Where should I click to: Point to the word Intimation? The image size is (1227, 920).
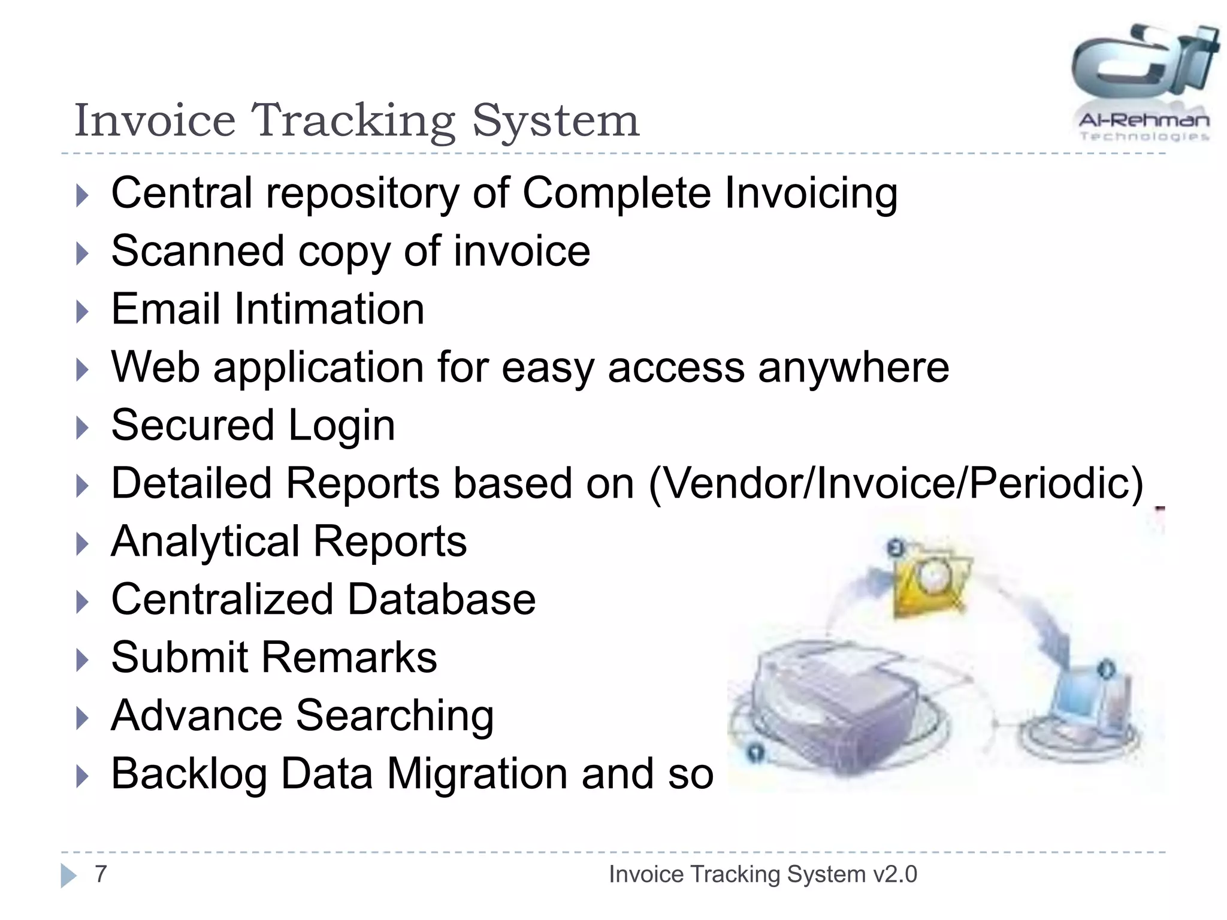pos(329,309)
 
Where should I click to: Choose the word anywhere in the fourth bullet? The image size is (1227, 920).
pos(853,367)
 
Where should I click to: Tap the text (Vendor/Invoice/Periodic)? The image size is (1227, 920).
pos(896,483)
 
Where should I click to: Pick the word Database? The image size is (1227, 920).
pos(442,600)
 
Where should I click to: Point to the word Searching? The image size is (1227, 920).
pos(395,716)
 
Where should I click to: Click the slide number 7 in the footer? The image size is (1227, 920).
pos(101,874)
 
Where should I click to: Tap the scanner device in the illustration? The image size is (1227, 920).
pos(839,707)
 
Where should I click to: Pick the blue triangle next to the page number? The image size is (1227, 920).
pos(68,875)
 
